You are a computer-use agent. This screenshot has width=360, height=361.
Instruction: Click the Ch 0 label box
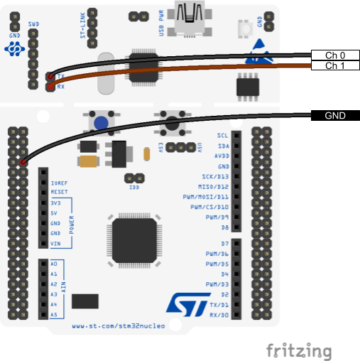(x=335, y=55)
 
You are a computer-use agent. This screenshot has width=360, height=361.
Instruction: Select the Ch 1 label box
(x=335, y=65)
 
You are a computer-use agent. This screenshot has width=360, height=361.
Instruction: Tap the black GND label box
(x=335, y=116)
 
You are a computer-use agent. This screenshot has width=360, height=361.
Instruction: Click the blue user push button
(x=101, y=123)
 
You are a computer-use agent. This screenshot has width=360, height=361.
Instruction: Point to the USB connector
(x=190, y=19)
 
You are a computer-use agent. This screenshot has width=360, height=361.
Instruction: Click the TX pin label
(x=61, y=76)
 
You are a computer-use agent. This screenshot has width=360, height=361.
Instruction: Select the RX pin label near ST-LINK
(x=61, y=87)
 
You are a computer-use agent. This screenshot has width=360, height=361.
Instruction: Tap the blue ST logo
(x=188, y=305)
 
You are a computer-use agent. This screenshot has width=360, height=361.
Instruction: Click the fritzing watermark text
(x=299, y=351)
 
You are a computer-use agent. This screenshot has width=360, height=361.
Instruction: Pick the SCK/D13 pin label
(x=215, y=176)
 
